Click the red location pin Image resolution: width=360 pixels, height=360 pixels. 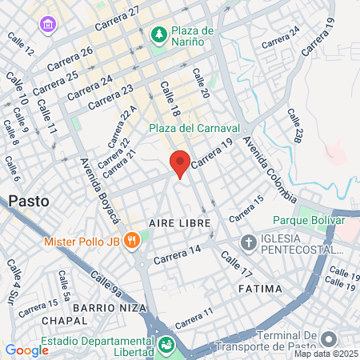point(180,162)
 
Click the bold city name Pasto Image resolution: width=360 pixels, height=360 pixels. point(29,202)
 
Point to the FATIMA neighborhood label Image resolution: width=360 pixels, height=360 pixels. point(260,288)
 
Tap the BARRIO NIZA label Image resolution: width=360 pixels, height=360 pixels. point(109,308)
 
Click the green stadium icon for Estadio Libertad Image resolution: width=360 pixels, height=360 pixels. point(166,346)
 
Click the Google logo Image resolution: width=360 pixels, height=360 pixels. point(26,350)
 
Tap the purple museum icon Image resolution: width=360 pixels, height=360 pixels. point(48,26)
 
